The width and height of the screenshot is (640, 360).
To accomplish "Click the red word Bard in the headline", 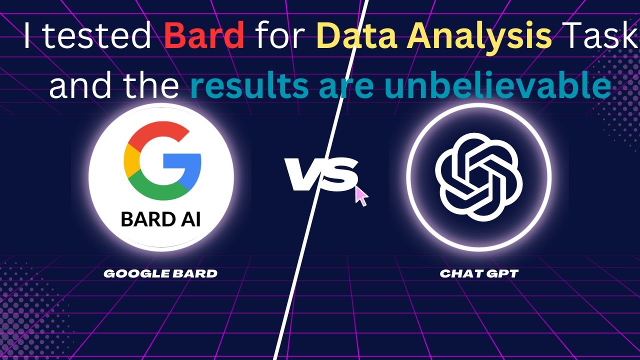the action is (204, 35).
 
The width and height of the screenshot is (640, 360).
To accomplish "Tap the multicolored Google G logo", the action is (162, 160).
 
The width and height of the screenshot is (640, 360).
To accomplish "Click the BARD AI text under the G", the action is (161, 219).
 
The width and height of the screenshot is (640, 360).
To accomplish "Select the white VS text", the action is (321, 174).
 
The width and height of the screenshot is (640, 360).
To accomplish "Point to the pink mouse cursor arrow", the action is (361, 195).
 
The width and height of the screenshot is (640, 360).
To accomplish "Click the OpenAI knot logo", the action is (479, 177).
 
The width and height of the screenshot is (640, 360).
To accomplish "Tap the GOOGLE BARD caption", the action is (160, 273).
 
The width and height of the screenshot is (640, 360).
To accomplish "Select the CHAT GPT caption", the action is (479, 273).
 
